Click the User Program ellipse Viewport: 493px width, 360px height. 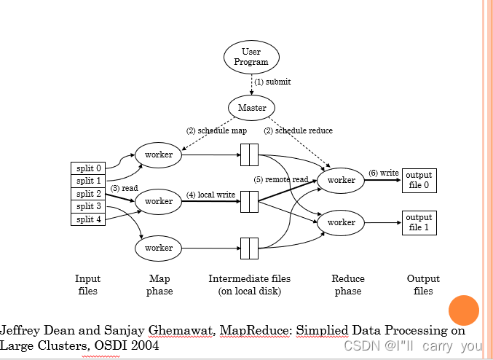click(251, 57)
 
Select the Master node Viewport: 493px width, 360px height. click(252, 108)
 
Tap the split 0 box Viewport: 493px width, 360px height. click(88, 168)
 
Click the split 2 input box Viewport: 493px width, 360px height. click(88, 194)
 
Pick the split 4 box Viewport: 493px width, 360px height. click(88, 219)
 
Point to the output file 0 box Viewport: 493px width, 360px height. click(419, 180)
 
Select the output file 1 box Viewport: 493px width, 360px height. click(419, 222)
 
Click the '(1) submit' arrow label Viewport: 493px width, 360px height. click(272, 82)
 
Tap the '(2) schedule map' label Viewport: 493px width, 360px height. click(216, 130)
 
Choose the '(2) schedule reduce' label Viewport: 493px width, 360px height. click(298, 130)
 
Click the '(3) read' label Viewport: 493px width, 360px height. click(125, 187)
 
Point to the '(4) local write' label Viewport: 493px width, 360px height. click(211, 195)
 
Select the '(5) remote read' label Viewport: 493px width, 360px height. click(280, 179)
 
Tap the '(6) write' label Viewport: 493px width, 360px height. click(383, 173)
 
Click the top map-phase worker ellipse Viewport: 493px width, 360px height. click(158, 154)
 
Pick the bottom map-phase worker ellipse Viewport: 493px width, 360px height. click(158, 248)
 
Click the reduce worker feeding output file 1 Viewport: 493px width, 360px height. click(341, 222)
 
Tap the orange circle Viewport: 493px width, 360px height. click(463, 310)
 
